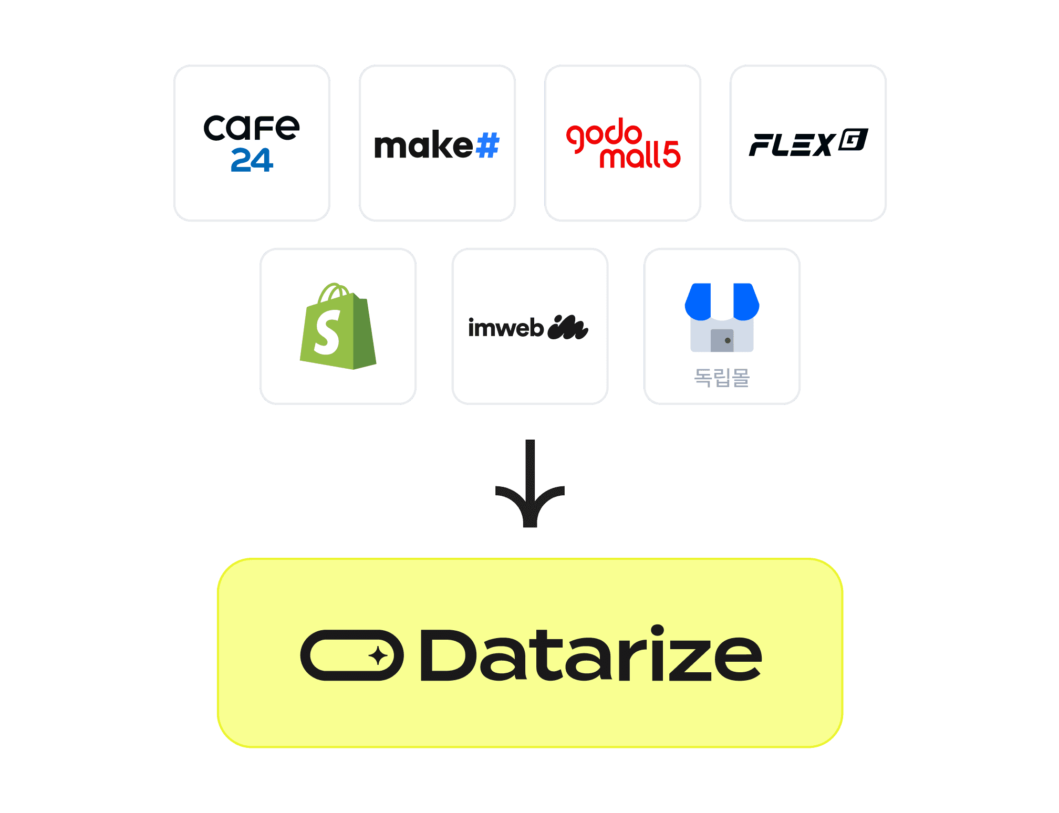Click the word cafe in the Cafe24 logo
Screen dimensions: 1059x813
251,128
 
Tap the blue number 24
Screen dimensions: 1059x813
252,160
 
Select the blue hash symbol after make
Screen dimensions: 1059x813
487,145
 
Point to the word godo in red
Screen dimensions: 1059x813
604,134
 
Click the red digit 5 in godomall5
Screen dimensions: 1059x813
671,154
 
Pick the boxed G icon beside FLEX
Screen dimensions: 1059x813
853,140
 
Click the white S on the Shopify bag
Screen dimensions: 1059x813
327,332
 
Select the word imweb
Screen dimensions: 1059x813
505,328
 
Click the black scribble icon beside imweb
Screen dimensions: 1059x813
567,328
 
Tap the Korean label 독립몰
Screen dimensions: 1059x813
722,377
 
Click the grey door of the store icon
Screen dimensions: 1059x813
722,341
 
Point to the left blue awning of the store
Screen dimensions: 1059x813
698,301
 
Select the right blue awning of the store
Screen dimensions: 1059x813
746,301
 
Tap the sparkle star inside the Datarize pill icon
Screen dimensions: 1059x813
378,656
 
